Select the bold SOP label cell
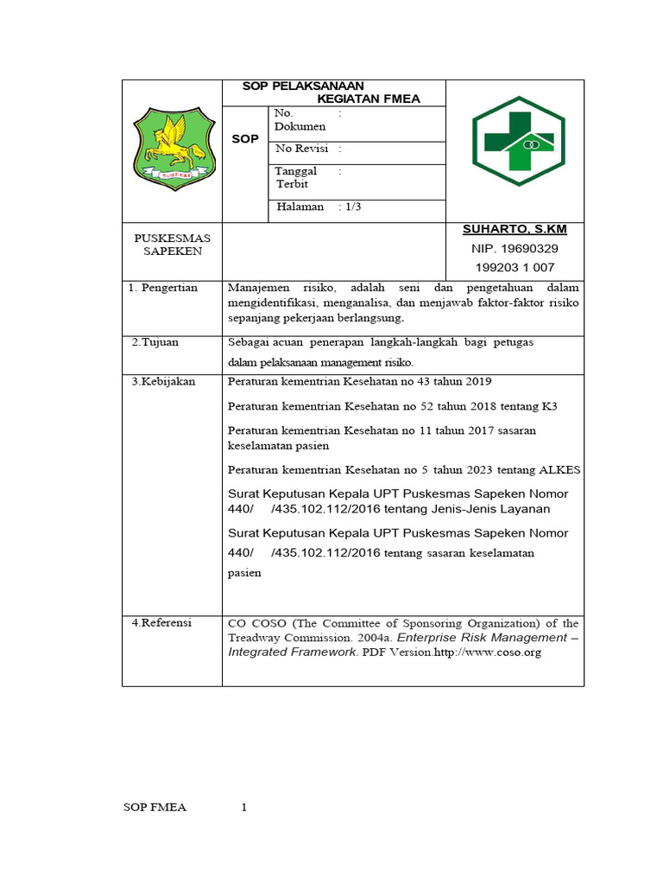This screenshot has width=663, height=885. coord(245,139)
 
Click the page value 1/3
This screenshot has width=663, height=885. coord(352,207)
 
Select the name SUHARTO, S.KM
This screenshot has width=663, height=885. coord(515,229)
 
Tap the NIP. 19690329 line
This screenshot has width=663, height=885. coord(515,248)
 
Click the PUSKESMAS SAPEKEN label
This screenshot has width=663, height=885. coord(173,244)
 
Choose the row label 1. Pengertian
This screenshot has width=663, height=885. coord(163,288)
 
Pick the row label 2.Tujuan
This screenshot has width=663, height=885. coord(155,342)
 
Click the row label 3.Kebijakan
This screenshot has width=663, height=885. coord(164,382)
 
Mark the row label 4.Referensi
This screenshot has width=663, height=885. coord(161,622)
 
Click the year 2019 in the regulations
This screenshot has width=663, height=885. coord(474,382)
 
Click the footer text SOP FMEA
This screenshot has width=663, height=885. coord(155,808)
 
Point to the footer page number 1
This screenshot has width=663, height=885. coord(244,808)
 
